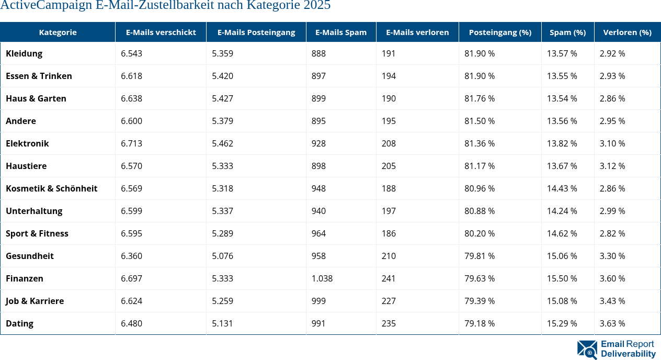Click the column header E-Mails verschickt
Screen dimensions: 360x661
tap(161, 32)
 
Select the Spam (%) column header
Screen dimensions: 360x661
tap(567, 32)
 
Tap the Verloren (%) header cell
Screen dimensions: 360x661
tap(627, 32)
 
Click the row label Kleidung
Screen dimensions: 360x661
tap(24, 53)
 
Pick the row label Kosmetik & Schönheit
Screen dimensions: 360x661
tap(51, 188)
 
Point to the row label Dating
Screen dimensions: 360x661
tap(19, 323)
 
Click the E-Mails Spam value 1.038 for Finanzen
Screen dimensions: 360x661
tap(322, 278)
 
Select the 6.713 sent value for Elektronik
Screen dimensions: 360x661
tap(131, 143)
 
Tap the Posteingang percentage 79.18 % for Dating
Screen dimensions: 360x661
tap(480, 323)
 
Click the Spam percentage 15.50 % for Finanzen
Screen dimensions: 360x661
tap(562, 278)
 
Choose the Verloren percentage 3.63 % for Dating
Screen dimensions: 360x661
tap(612, 323)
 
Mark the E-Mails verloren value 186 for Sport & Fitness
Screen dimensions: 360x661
tap(389, 233)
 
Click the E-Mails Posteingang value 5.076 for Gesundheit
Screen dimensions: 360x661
tap(222, 256)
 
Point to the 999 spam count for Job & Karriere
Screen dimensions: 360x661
tap(318, 301)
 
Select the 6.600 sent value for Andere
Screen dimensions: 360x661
tap(131, 121)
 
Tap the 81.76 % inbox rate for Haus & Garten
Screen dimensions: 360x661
tap(480, 98)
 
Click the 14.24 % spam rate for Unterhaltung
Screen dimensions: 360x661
tap(562, 211)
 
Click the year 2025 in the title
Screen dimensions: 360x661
tap(317, 6)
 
